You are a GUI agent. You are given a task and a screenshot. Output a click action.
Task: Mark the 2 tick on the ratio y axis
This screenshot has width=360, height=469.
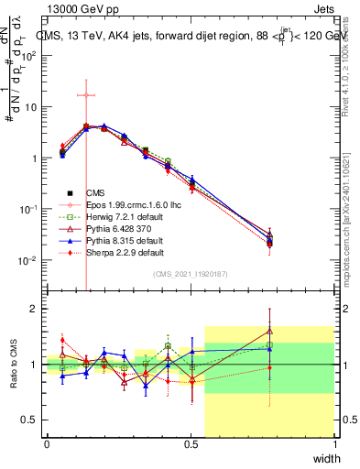[35, 309]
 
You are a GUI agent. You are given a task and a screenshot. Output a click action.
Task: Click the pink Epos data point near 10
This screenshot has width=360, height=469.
[85, 94]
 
